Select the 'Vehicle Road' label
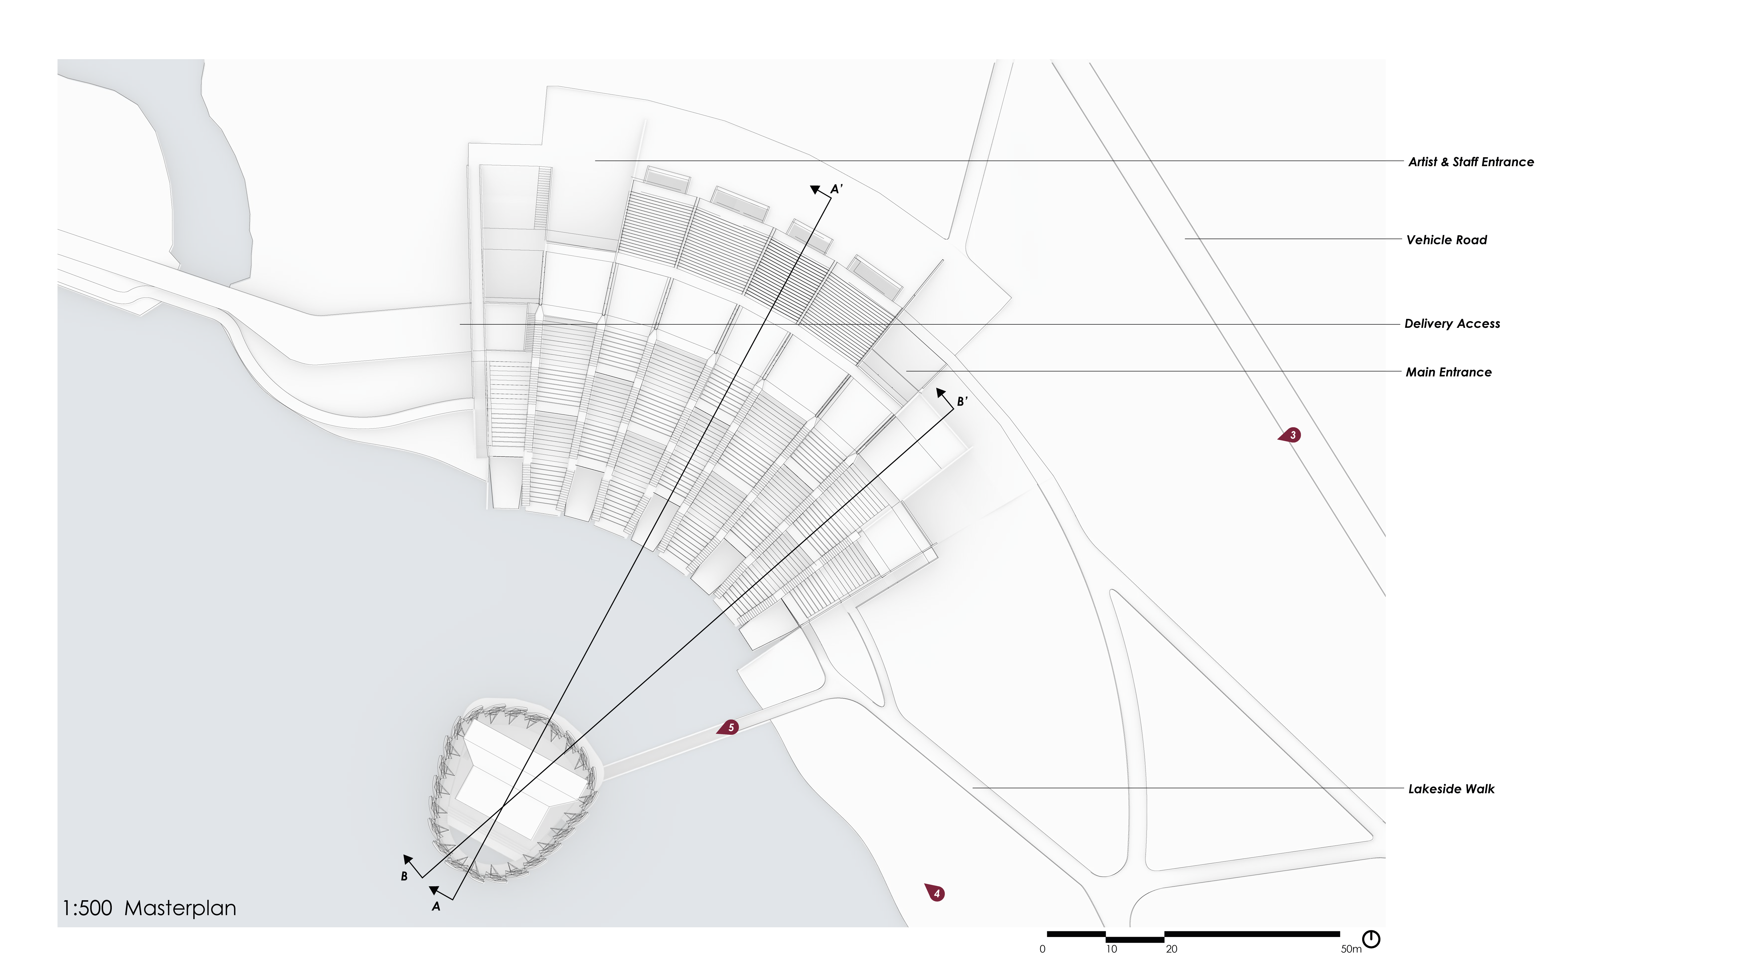coord(1446,240)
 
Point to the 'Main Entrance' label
coord(1448,372)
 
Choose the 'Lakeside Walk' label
coord(1451,789)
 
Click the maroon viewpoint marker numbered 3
coord(1291,435)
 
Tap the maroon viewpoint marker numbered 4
coord(936,893)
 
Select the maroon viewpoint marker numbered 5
coord(729,728)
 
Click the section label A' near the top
coord(836,190)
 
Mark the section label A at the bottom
coord(436,907)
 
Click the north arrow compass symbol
coord(1371,939)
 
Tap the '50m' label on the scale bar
coord(1350,949)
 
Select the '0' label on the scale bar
coord(1042,949)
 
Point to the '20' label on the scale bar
coord(1171,949)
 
